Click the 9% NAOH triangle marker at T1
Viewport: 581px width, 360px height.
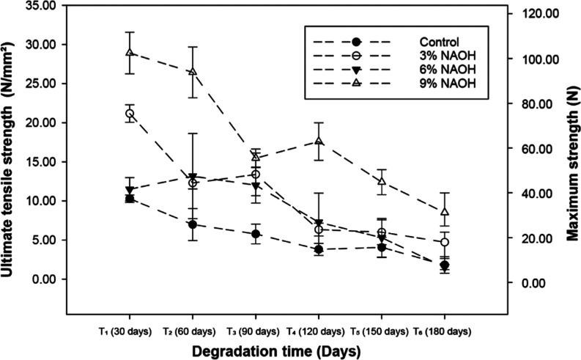(130, 53)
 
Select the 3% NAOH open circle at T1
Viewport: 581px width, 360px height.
(130, 114)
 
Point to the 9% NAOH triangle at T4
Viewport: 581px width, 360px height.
(319, 141)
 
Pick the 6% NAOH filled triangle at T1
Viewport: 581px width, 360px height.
(130, 190)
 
